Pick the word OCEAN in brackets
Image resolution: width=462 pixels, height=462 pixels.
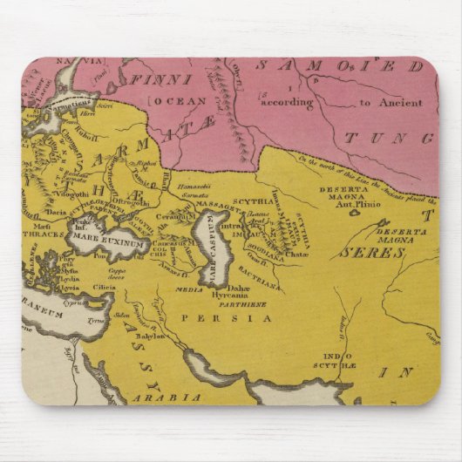pos(173,102)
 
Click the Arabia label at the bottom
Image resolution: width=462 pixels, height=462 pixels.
pos(178,397)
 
